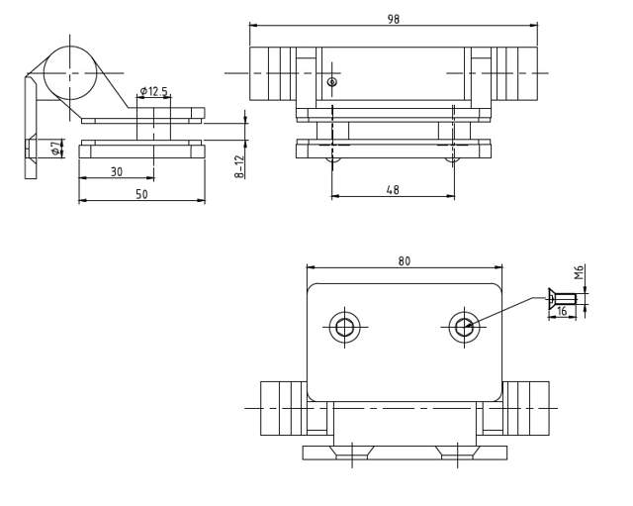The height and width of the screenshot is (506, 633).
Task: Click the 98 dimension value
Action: point(394,19)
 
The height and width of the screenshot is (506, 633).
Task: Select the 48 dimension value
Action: point(393,189)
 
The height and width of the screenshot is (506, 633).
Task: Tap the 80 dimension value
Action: point(404,261)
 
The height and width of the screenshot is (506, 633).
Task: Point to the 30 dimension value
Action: point(117,171)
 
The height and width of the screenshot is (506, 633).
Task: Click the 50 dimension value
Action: point(141,194)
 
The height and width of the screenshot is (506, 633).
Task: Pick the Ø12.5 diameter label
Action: point(153,91)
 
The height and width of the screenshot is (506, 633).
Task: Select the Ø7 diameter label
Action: point(55,148)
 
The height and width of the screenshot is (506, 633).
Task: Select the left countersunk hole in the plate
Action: point(345,328)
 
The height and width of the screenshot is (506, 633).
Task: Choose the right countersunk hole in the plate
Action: point(464,327)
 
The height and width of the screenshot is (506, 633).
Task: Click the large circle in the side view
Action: point(70,72)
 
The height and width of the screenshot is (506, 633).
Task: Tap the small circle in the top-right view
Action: point(332,82)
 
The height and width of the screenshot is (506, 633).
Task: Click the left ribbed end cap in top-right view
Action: point(271,73)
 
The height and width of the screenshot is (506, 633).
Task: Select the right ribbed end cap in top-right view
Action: point(515,73)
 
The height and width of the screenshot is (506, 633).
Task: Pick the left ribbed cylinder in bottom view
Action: point(281,408)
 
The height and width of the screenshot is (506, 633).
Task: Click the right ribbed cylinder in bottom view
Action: point(526,408)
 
